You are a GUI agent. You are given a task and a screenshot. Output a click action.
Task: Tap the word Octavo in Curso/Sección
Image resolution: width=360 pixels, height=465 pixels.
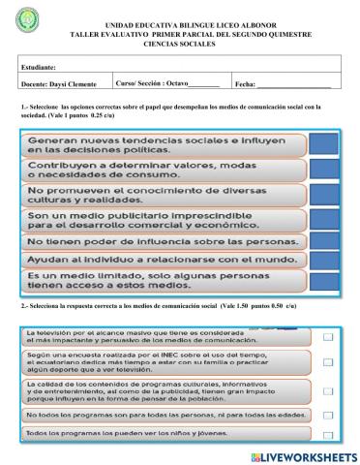(175, 85)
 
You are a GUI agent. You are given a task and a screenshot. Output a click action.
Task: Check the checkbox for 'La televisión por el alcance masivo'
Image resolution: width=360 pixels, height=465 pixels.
(327, 337)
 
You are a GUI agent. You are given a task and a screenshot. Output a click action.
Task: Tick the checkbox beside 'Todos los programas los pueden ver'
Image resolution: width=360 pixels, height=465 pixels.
(327, 433)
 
